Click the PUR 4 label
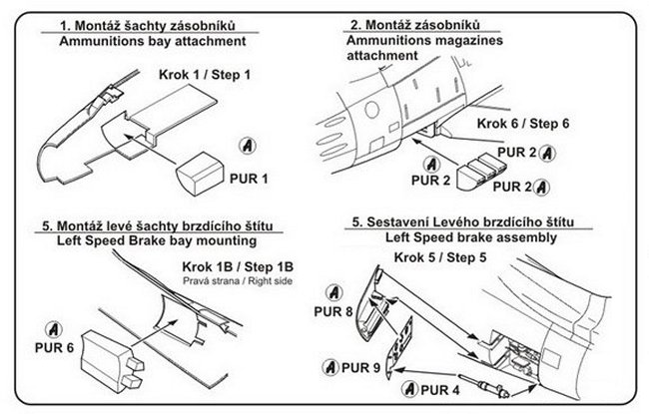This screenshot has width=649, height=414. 441,387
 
